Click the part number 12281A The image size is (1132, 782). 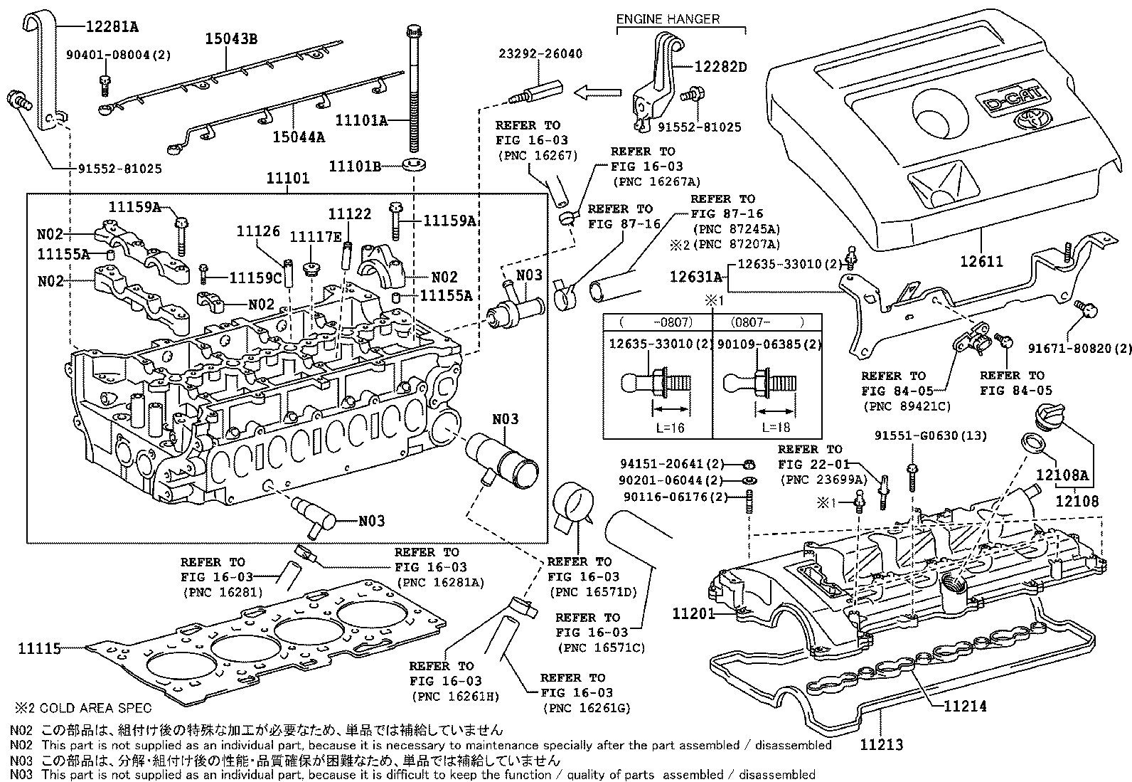(x=112, y=27)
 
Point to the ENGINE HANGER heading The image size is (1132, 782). (x=668, y=19)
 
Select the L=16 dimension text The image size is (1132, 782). (x=671, y=428)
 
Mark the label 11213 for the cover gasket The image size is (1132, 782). (x=881, y=744)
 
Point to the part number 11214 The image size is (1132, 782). (x=966, y=706)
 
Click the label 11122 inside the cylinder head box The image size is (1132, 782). (x=349, y=213)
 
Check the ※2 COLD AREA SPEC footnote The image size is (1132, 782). (x=83, y=708)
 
